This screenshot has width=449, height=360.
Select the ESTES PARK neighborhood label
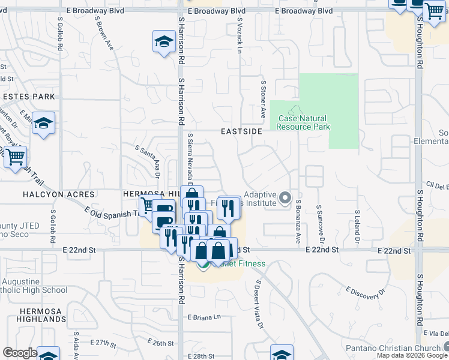[28, 97]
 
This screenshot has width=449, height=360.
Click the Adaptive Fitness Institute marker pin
[286, 197]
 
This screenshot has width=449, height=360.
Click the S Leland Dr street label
[357, 221]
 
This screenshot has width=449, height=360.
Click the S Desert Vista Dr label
[260, 305]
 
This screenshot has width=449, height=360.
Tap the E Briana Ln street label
[205, 317]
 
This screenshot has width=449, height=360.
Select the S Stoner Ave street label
[263, 99]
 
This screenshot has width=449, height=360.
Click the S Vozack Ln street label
[239, 35]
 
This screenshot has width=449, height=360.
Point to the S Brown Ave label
[104, 33]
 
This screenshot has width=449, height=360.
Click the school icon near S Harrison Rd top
[163, 41]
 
